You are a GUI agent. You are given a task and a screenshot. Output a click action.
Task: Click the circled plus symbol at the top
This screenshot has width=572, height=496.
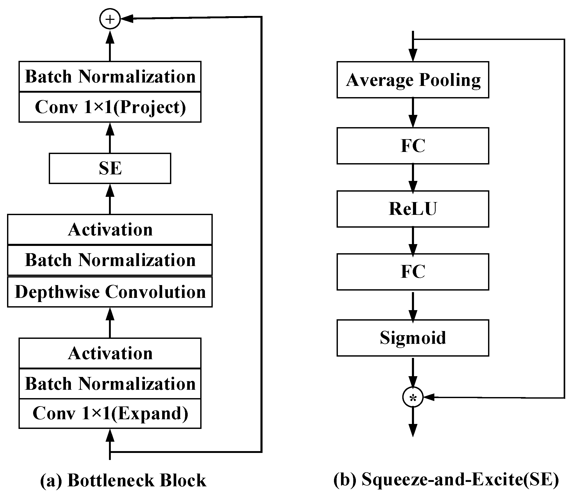tap(110, 19)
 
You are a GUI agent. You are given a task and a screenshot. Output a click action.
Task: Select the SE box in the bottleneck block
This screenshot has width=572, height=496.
tap(110, 168)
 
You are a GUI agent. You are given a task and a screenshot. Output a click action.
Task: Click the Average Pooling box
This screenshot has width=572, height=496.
tap(412, 80)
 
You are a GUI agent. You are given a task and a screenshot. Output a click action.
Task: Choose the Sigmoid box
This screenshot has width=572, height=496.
tap(412, 338)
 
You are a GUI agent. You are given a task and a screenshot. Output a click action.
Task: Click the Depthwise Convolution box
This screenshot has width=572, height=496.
tap(110, 292)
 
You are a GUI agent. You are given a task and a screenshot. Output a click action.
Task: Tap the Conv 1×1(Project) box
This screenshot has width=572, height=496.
tap(110, 107)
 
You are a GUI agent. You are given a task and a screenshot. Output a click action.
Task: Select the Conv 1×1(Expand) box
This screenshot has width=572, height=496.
tap(110, 413)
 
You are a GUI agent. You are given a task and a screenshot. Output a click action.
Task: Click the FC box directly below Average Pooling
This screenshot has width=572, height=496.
tap(412, 146)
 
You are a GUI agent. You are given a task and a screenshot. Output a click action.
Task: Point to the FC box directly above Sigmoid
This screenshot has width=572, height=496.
tap(412, 271)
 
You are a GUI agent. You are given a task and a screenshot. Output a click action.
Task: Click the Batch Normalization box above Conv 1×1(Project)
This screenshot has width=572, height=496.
tap(110, 76)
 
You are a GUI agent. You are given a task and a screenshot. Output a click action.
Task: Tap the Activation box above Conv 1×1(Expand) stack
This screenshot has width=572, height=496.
tap(110, 353)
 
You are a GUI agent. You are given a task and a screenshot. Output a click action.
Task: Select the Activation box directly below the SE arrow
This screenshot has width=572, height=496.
tap(110, 229)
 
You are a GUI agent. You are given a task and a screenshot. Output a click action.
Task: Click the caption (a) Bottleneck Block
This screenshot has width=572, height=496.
tap(123, 481)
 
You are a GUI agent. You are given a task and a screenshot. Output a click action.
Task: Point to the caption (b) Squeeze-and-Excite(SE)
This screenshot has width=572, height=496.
tap(446, 480)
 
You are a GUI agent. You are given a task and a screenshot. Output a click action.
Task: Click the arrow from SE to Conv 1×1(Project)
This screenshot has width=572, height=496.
tap(110, 138)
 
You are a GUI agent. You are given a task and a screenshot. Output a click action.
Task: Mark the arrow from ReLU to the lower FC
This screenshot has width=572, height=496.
tap(412, 240)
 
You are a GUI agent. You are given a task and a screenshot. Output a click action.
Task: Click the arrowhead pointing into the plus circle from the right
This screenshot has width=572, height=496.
tap(127, 19)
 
